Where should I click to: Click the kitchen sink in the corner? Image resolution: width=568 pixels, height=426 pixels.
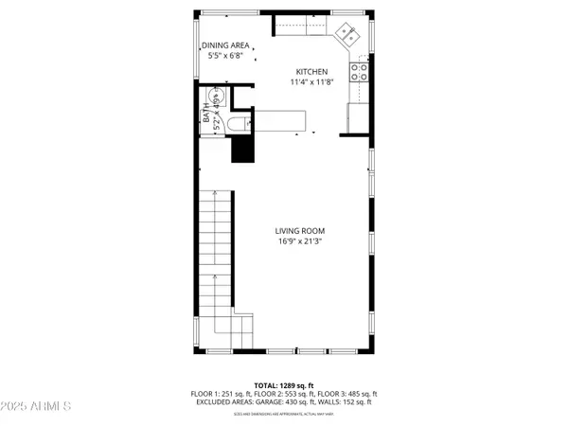click(x=346, y=35)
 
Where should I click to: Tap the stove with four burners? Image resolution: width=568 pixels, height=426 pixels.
click(x=360, y=69)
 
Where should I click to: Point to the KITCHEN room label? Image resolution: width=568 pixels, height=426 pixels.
click(x=311, y=72)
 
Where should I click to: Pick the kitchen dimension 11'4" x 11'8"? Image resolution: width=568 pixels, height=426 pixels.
click(x=311, y=82)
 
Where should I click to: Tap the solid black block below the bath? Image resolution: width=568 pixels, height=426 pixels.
click(x=245, y=149)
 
